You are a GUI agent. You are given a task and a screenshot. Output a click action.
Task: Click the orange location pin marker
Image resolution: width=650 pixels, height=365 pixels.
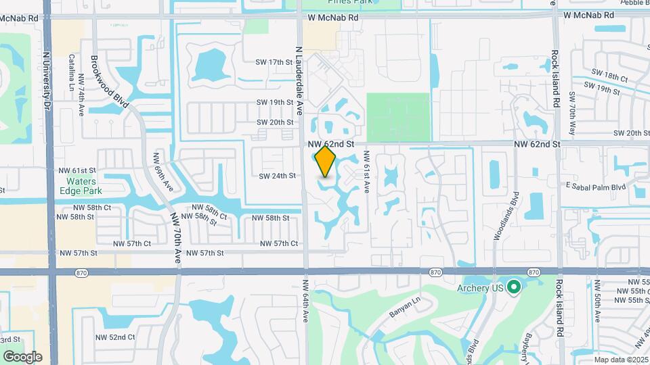326,162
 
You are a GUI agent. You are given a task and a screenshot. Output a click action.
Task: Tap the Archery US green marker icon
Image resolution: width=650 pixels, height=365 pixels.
514,287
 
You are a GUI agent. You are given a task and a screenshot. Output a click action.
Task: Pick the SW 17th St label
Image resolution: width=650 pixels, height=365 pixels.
274,62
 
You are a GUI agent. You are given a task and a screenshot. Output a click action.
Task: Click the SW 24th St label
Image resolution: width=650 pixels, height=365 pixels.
278,176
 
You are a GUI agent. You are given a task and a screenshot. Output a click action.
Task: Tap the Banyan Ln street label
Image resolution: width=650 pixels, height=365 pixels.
406,309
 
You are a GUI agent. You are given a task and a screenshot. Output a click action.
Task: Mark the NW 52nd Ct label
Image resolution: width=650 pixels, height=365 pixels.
116,337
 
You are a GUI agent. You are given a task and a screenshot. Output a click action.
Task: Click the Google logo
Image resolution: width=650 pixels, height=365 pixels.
22,356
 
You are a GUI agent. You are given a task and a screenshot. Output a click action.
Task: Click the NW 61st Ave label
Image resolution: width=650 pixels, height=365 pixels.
366,172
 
